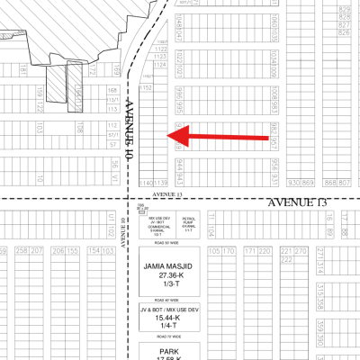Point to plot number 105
(x=214, y=251)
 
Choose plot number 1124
(x=160, y=46)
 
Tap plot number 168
(x=112, y=91)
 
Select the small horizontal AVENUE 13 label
(x=167, y=193)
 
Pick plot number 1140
(x=148, y=184)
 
